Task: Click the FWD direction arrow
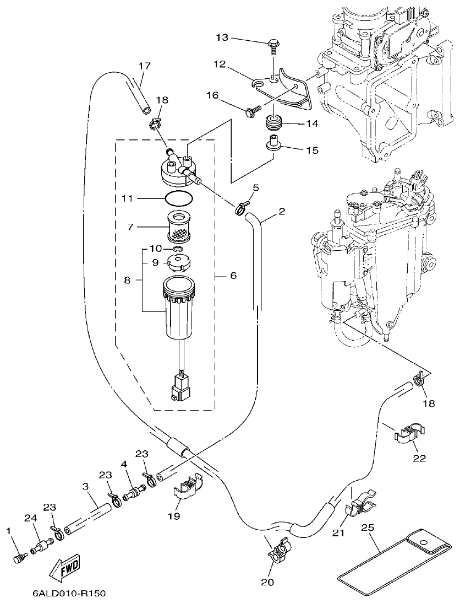click(x=65, y=568)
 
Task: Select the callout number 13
click(x=222, y=37)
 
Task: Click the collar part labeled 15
click(x=273, y=143)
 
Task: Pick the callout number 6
click(x=233, y=274)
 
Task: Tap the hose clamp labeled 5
click(x=240, y=208)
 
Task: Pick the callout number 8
click(x=127, y=280)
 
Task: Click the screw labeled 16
click(x=252, y=112)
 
